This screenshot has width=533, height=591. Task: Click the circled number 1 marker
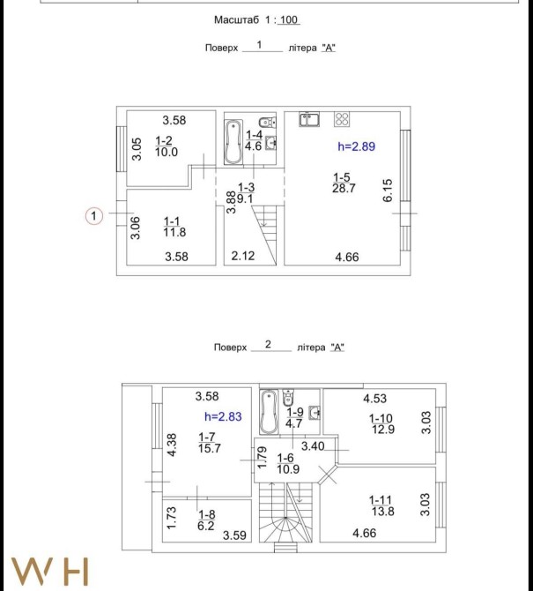point(94,216)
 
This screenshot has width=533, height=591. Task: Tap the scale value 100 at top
point(289,19)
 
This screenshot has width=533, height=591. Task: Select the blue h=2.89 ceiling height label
point(357,146)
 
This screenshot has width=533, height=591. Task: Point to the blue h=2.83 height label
point(223,416)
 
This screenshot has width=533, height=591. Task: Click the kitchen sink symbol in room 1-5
point(309,119)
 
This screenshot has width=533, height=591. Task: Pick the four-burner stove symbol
point(342,119)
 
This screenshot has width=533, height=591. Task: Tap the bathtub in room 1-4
point(233,142)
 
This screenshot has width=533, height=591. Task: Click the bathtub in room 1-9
point(269,412)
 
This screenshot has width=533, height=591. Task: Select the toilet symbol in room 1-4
point(267,122)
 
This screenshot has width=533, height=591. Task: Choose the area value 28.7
point(344,188)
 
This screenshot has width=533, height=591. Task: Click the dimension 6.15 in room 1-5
point(388,191)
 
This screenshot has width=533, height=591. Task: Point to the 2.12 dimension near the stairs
point(243,256)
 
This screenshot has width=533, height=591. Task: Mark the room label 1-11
point(381,500)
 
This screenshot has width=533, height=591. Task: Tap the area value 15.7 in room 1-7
point(210,448)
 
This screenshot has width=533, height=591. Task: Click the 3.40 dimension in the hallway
point(313,446)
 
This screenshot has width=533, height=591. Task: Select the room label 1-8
point(207,514)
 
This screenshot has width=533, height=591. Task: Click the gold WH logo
point(50,572)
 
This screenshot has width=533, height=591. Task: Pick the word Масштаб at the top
point(236,19)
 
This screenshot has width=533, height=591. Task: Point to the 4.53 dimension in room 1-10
point(375,399)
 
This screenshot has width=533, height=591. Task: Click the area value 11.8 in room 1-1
point(174,232)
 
